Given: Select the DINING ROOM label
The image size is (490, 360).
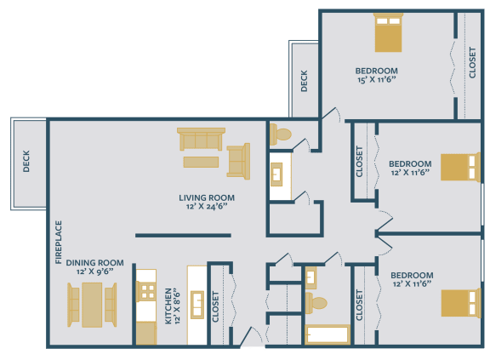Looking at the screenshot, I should point(94,263).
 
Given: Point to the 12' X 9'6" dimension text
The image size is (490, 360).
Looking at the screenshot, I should point(94,273).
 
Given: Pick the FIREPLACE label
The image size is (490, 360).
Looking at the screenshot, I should point(59,243).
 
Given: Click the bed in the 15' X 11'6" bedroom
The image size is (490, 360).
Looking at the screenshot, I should point(387,34).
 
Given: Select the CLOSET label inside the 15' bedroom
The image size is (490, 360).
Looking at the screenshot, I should point(472,62).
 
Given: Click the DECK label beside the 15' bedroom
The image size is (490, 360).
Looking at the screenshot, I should point(304,81).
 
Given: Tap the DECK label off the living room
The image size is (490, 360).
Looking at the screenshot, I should point(26,161).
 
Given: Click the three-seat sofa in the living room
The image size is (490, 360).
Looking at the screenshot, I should point(201,139).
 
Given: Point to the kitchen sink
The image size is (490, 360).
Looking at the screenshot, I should point(197,303).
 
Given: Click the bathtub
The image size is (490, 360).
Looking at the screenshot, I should point(328,334).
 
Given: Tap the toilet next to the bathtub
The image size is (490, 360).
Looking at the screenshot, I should point(316,302).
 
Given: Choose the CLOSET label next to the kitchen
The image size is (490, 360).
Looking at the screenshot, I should point(215,307).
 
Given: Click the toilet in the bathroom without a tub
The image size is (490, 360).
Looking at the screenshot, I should point(281,134).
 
